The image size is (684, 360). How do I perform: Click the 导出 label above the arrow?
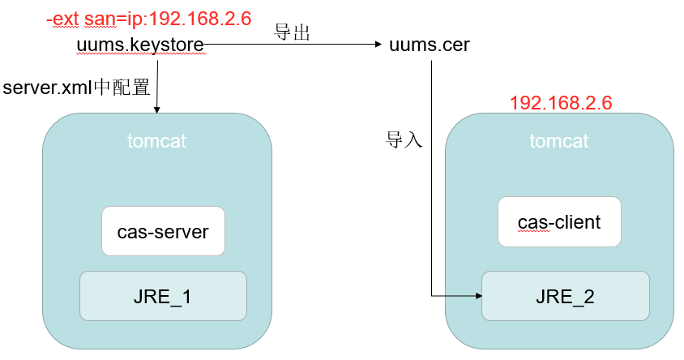(x=293, y=32)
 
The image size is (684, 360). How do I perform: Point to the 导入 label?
(x=404, y=139)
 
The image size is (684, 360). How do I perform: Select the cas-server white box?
(x=162, y=232)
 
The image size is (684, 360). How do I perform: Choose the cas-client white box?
(x=559, y=221)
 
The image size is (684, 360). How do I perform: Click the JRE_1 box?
(x=162, y=296)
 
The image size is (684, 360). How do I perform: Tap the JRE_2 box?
(x=565, y=296)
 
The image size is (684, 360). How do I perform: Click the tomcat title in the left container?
(x=156, y=141)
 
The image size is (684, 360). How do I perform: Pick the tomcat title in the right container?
(x=559, y=141)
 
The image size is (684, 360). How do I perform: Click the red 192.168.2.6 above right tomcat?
(x=560, y=103)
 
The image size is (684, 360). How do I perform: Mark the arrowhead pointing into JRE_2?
(x=477, y=296)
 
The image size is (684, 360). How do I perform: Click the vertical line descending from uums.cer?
(x=431, y=178)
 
